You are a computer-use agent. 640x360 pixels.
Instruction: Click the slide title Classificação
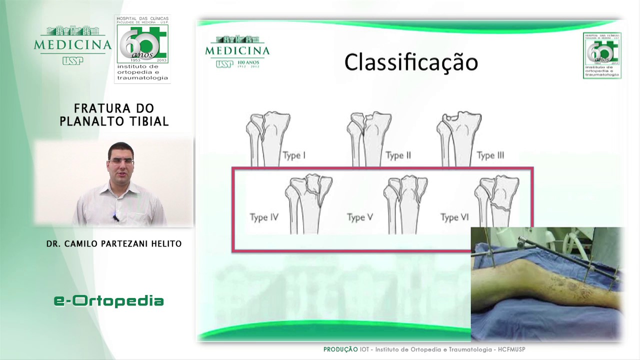click(411, 62)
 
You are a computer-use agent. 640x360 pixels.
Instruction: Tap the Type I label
click(294, 155)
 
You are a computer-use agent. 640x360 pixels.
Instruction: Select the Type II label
click(398, 155)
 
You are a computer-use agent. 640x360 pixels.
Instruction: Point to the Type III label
click(490, 155)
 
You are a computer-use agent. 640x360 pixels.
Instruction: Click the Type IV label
click(264, 217)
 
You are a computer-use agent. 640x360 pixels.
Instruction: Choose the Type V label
click(360, 217)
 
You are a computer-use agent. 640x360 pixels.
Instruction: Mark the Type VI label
click(454, 217)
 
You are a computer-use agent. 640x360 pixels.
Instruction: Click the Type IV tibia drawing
click(308, 203)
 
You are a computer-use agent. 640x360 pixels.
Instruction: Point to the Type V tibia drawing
click(405, 203)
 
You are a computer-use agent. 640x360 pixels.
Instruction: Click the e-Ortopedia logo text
click(108, 300)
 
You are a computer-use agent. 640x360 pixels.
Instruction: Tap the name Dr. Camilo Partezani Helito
click(114, 244)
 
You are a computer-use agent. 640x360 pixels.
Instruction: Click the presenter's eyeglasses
click(120, 161)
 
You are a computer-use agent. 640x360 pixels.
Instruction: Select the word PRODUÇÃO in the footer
click(340, 349)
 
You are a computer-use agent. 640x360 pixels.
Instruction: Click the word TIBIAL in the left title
click(149, 121)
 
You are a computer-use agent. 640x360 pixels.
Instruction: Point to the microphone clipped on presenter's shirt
click(115, 218)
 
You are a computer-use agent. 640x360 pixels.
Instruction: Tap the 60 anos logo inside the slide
click(602, 55)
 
